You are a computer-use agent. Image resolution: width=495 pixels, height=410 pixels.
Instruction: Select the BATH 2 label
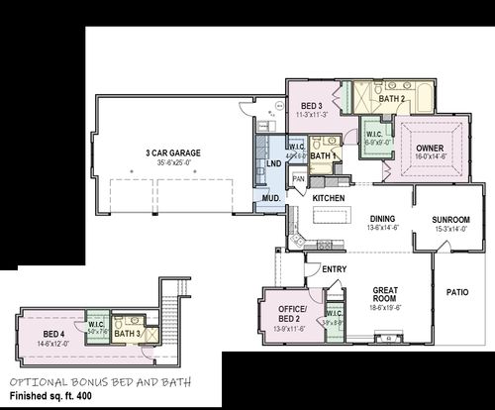click(x=392, y=99)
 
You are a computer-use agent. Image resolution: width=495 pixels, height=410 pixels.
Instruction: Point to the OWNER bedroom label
click(x=430, y=148)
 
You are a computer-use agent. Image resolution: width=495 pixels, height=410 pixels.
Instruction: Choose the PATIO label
click(x=456, y=292)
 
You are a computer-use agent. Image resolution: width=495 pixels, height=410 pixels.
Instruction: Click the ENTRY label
click(x=335, y=268)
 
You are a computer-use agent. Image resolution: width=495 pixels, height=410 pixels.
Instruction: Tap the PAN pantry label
click(x=298, y=178)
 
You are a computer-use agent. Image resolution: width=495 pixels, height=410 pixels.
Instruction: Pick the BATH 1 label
click(x=324, y=155)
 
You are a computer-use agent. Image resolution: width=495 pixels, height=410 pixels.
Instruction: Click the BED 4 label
click(x=53, y=333)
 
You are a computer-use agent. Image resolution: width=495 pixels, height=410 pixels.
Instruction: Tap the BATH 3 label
click(x=126, y=334)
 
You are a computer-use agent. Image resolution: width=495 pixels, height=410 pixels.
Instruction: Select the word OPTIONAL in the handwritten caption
click(x=38, y=381)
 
